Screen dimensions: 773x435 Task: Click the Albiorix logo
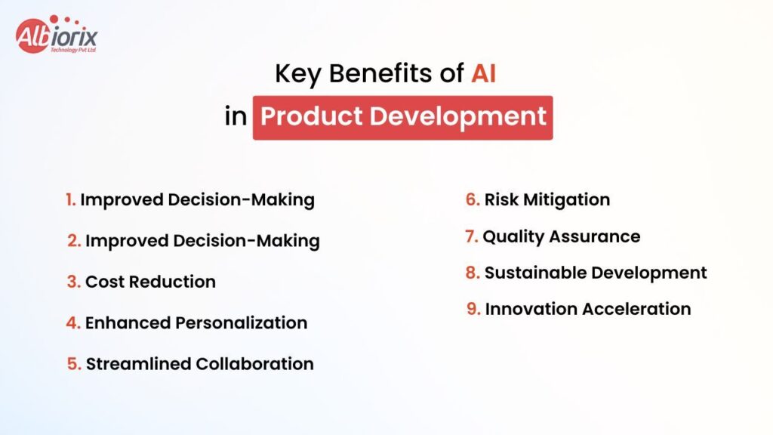coord(56,35)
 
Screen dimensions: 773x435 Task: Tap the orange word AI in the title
coord(483,73)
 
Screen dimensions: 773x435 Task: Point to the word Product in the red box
coord(312,116)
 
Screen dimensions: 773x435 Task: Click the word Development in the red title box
coord(458,117)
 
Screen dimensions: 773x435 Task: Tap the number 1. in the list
coord(70,199)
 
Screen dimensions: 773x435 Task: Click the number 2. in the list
coord(74,241)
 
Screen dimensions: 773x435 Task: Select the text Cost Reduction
coord(150,282)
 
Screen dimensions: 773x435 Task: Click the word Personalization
coord(241,322)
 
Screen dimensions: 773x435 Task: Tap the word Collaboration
coord(254,364)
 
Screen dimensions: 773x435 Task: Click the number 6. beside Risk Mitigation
coord(473,199)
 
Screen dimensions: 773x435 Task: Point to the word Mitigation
coord(566,200)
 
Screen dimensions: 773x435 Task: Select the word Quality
coord(513,237)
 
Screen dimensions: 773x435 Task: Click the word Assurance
coord(595,236)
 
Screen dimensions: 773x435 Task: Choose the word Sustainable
coord(535,273)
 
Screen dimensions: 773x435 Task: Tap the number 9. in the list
coord(473,309)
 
